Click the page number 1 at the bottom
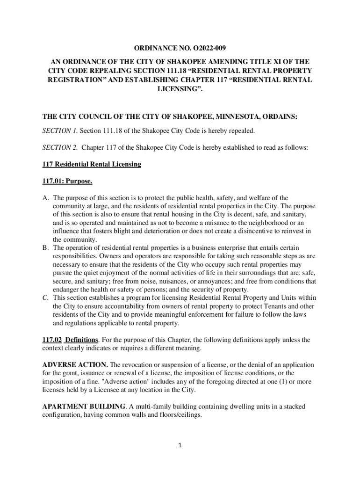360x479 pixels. pyautogui.click(x=180, y=445)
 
